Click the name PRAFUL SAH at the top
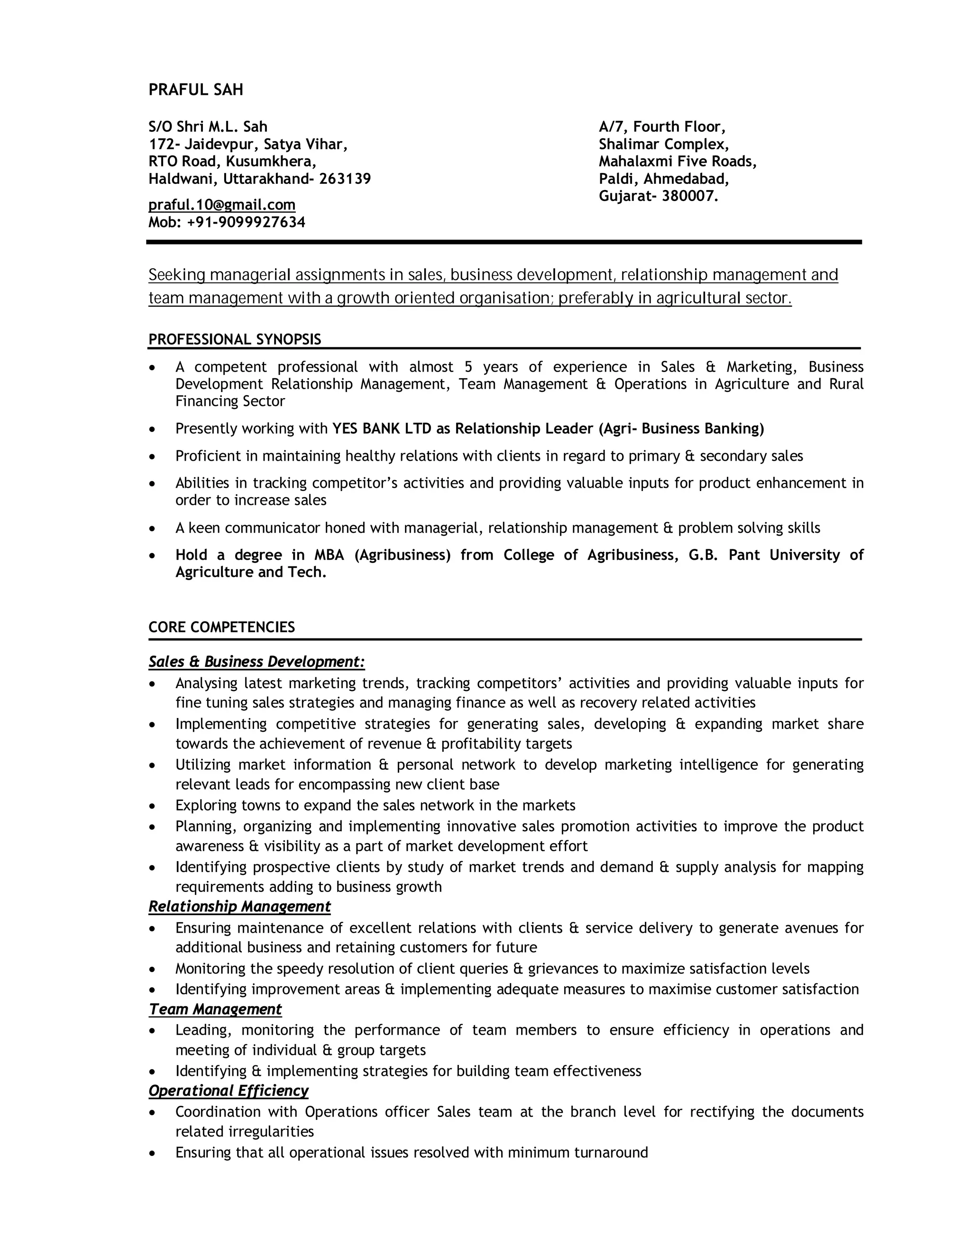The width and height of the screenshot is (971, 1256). pos(196,90)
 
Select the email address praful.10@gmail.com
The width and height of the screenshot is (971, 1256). pos(222,205)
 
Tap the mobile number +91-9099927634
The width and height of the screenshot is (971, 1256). pos(246,223)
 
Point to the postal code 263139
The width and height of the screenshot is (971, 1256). pos(345,179)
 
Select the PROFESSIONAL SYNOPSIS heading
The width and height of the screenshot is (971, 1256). pos(235,339)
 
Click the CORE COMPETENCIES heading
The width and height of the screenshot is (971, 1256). pos(221,628)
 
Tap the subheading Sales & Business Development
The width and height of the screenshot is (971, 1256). pos(256,662)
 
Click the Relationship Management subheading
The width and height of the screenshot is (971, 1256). pos(239,907)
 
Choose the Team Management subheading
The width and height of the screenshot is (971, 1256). pos(215,1009)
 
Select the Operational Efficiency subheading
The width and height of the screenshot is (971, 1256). pos(229,1091)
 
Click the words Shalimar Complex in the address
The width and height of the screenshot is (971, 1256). pos(664,145)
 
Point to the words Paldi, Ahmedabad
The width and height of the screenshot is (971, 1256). pos(664,179)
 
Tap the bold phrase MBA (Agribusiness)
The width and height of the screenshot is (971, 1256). pos(382,555)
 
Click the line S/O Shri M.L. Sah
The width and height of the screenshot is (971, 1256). pos(208,127)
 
